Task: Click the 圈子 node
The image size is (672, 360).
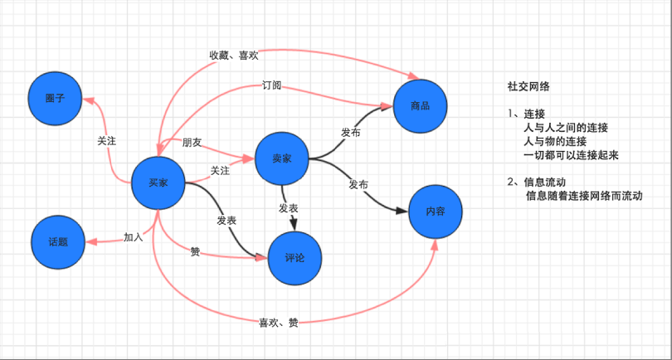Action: [x=56, y=97]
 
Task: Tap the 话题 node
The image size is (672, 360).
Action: [x=57, y=242]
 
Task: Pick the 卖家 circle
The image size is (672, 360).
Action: [x=282, y=158]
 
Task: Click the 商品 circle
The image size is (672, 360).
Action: [x=420, y=105]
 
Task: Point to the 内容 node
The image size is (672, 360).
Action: [x=436, y=212]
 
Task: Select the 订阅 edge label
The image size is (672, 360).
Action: [x=271, y=85]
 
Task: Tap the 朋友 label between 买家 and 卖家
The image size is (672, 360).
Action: [x=192, y=143]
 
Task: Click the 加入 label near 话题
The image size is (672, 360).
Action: [x=134, y=237]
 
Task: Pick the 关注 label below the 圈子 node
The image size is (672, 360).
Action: [x=106, y=141]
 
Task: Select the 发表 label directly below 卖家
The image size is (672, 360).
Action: [x=288, y=207]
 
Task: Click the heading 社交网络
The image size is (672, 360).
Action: [x=530, y=85]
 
